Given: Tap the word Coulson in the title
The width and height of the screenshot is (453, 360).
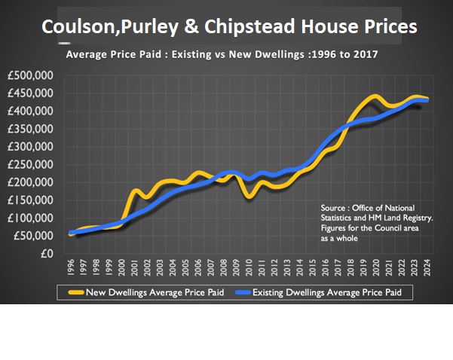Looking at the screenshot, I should coord(75,27).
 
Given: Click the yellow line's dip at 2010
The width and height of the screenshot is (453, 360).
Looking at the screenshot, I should coord(248,196).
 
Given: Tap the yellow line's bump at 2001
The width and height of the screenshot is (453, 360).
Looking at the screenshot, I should coord(136,191).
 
